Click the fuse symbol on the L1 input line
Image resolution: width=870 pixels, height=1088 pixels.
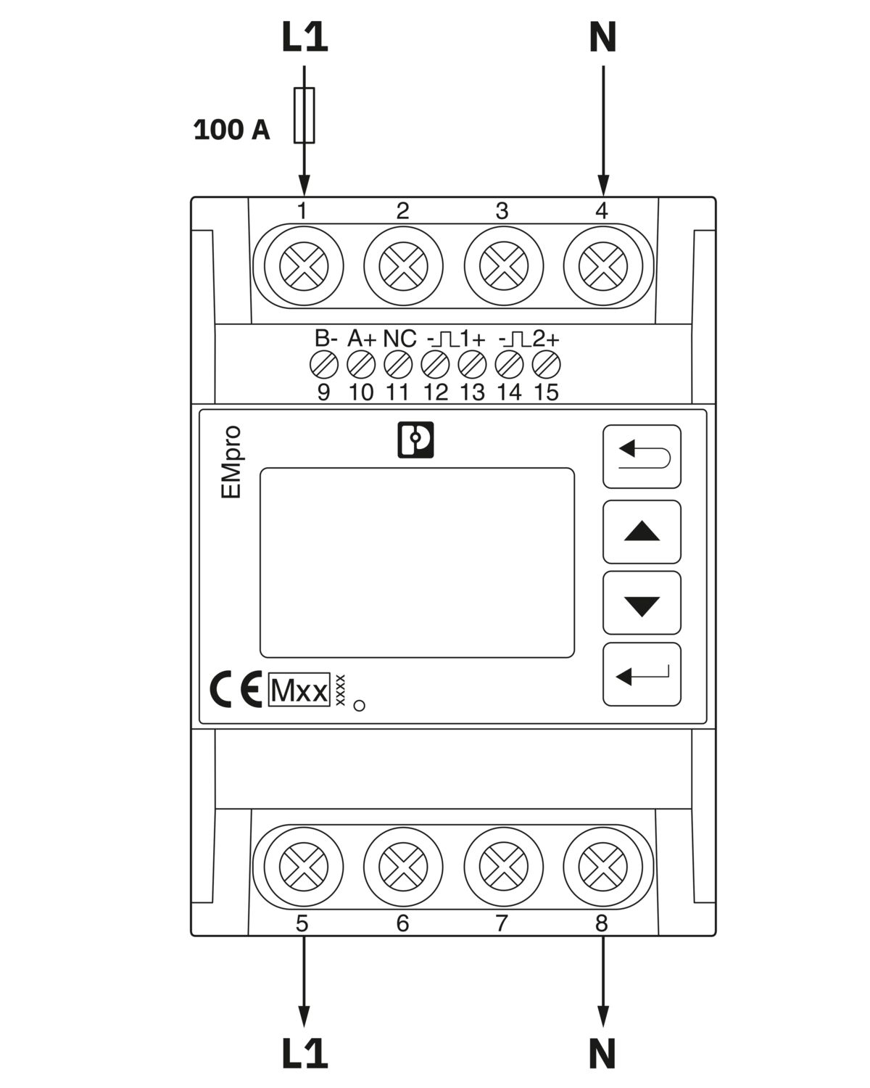[x=304, y=115]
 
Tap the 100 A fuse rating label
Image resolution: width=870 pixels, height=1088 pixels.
[x=231, y=130]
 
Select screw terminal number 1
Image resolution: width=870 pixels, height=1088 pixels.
[x=303, y=266]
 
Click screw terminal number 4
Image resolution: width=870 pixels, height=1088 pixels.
[x=602, y=266]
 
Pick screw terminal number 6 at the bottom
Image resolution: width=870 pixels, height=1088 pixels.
[x=403, y=867]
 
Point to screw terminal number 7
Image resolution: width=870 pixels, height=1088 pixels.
[x=503, y=867]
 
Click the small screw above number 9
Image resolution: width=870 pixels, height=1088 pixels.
[x=323, y=365]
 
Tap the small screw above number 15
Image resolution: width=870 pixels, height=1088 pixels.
[x=546, y=365]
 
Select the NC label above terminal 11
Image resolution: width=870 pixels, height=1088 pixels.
[x=399, y=339]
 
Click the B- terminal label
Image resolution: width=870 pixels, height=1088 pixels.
[x=326, y=339]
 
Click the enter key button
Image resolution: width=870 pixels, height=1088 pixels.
[x=642, y=675]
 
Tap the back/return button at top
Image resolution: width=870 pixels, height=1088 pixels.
[x=642, y=456]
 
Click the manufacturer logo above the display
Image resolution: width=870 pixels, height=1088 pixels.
[x=415, y=440]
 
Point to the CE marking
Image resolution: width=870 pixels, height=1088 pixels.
[x=236, y=688]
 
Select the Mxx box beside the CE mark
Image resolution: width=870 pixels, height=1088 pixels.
[x=299, y=690]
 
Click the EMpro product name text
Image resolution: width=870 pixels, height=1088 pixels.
[x=231, y=462]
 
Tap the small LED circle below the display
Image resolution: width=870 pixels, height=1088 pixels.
[x=360, y=705]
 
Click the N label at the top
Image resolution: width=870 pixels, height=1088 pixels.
[x=602, y=37]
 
